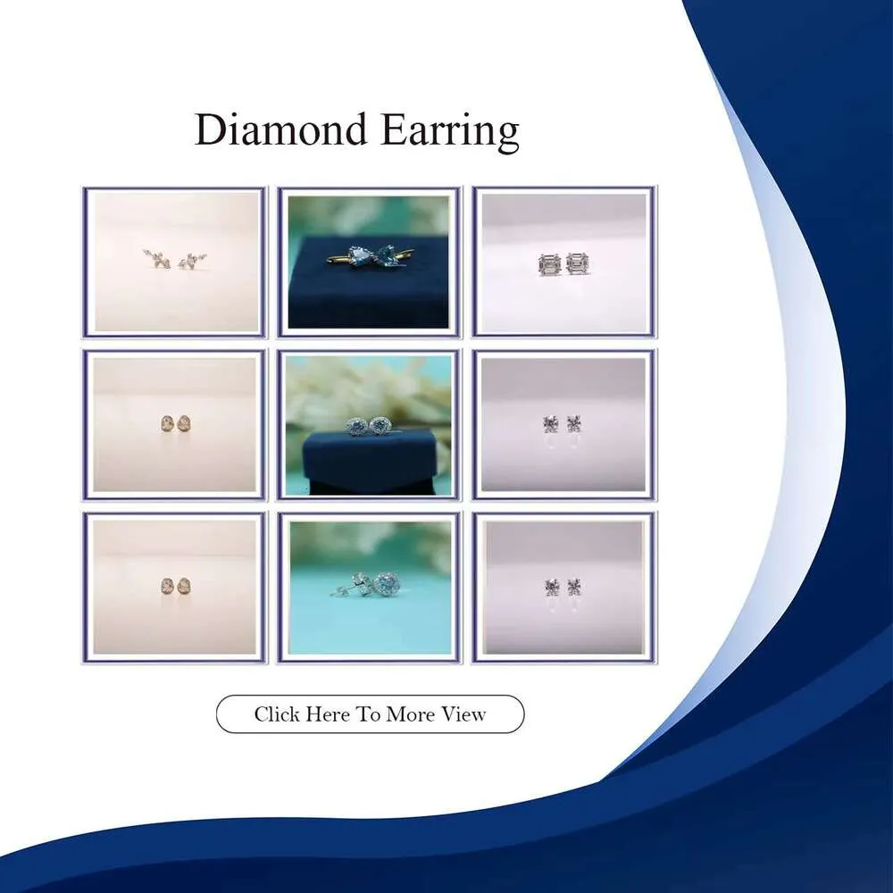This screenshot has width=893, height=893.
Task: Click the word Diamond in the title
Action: point(280,129)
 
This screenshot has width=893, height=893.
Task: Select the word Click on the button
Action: point(277,714)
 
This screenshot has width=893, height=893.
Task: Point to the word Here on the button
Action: point(328,714)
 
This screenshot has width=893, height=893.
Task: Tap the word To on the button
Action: point(368,714)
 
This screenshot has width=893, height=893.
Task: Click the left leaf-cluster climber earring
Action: point(156,259)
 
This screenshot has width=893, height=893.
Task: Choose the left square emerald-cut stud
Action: point(550,264)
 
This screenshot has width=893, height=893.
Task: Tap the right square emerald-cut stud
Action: point(578,263)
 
